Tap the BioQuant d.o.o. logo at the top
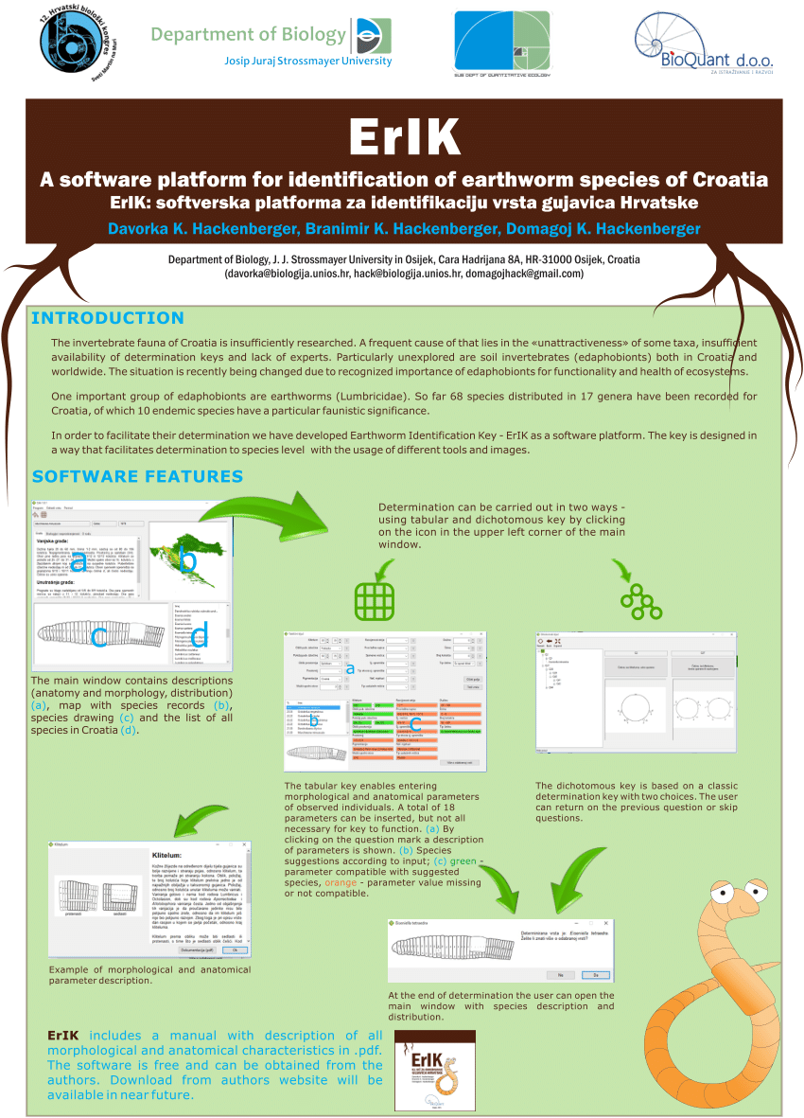(706, 43)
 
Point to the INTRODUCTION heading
(107, 318)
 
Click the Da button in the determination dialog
(595, 974)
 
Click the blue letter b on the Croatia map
(189, 560)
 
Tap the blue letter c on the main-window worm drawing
(99, 637)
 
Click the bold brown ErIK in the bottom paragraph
(62, 1036)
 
